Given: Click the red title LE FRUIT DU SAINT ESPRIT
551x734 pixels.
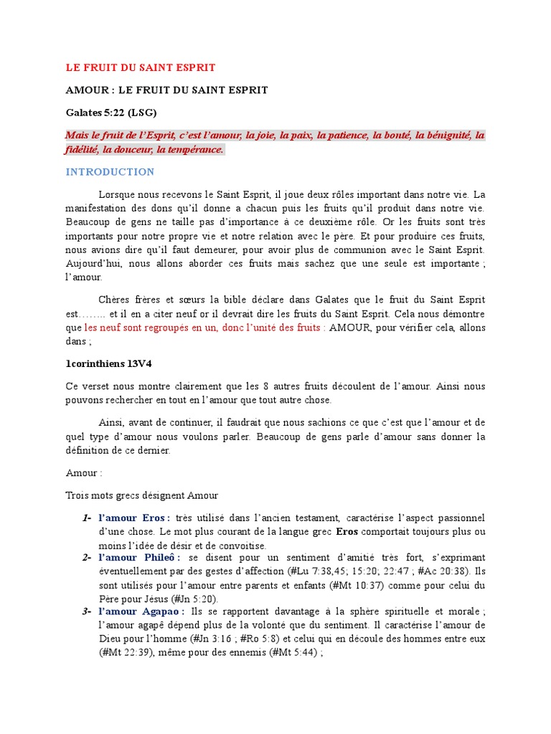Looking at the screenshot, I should [141, 67].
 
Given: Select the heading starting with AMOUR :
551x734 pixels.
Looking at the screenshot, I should [166, 90].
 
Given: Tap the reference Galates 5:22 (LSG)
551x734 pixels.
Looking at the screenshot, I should [111, 113].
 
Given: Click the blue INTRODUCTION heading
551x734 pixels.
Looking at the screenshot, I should [110, 172].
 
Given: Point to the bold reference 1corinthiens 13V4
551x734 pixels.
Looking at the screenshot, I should [108, 363].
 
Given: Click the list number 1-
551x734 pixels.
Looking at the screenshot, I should [86, 518].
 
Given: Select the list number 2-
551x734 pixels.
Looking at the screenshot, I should [86, 558].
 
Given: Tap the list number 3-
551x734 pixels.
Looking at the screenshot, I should [86, 611].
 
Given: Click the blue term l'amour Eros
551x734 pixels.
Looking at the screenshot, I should [133, 518].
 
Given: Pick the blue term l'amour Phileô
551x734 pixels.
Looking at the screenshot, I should [139, 558].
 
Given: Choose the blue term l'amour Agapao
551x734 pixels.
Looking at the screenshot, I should [141, 611].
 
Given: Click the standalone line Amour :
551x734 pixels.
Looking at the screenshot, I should [84, 474].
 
